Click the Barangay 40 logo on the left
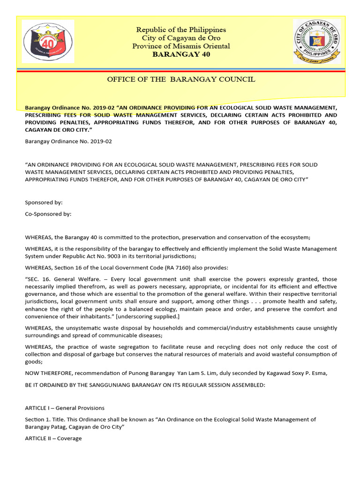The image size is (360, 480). click(48, 42)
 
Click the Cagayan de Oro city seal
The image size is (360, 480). click(317, 41)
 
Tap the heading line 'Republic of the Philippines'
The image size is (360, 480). click(181, 30)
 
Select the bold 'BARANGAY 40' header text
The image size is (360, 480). click(181, 54)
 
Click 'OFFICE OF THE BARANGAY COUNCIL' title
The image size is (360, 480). click(181, 79)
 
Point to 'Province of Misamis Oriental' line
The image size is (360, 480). click(181, 46)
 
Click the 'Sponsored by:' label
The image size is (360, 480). click(44, 202)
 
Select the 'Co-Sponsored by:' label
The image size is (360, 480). click(48, 214)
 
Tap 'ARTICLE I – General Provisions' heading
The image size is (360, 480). click(65, 408)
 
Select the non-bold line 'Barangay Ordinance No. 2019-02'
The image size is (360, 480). click(68, 141)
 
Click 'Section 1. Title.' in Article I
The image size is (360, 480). click(46, 420)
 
